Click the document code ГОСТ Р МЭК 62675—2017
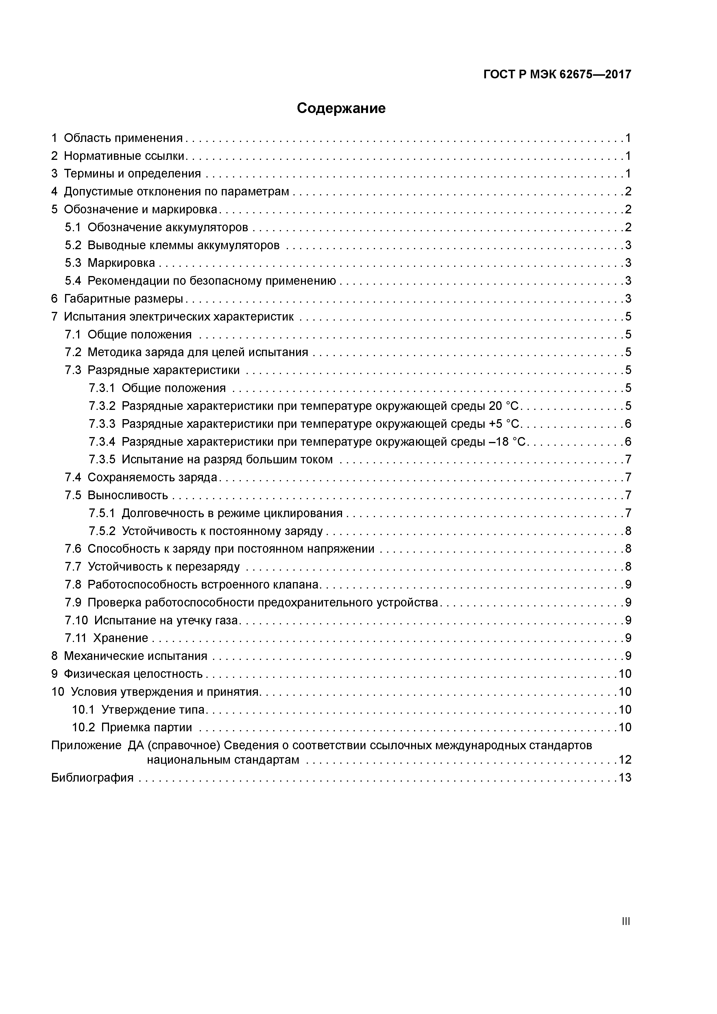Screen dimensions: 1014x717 557,75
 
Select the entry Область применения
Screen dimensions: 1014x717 123,138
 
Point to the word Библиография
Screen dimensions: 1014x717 92,790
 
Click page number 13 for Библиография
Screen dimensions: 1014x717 625,790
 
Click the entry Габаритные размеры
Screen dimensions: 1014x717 123,299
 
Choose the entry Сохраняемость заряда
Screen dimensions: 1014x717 152,478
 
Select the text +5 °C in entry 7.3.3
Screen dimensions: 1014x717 505,424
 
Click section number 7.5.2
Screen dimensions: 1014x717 101,531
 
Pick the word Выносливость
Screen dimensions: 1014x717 128,495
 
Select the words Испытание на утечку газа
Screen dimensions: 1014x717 166,621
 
